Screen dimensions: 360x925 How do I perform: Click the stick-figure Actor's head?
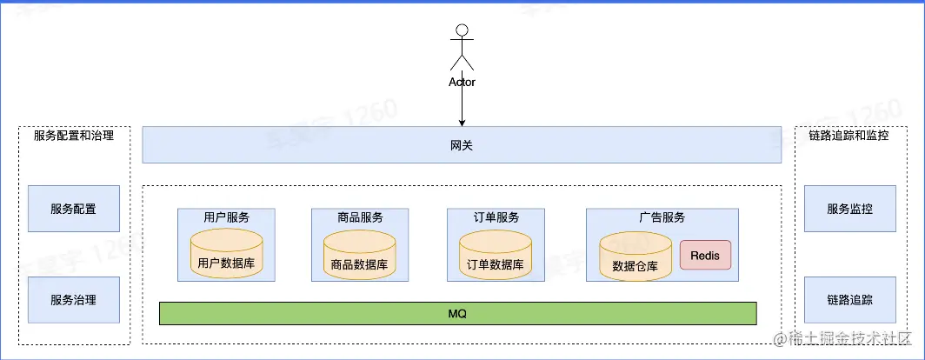[x=462, y=31]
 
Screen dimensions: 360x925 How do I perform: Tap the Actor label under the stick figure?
[x=462, y=83]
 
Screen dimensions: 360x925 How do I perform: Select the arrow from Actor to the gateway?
[x=462, y=106]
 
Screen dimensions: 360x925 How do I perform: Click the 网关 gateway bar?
[x=462, y=145]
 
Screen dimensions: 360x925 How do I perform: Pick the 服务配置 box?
[x=73, y=209]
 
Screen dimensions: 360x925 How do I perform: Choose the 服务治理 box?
[x=73, y=300]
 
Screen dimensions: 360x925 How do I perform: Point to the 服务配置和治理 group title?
[x=73, y=136]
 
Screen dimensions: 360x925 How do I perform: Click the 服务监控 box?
[x=849, y=209]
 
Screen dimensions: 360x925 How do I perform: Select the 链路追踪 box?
[x=849, y=300]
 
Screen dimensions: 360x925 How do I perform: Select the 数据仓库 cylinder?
[x=636, y=257]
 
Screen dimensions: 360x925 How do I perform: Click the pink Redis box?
[x=705, y=256]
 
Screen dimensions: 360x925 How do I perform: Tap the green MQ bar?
[x=457, y=313]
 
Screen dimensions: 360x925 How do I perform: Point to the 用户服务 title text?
[x=226, y=217]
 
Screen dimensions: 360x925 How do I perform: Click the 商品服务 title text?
[x=359, y=217]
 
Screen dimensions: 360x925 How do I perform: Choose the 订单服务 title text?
[x=495, y=217]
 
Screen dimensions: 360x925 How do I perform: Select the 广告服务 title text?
[x=662, y=217]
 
